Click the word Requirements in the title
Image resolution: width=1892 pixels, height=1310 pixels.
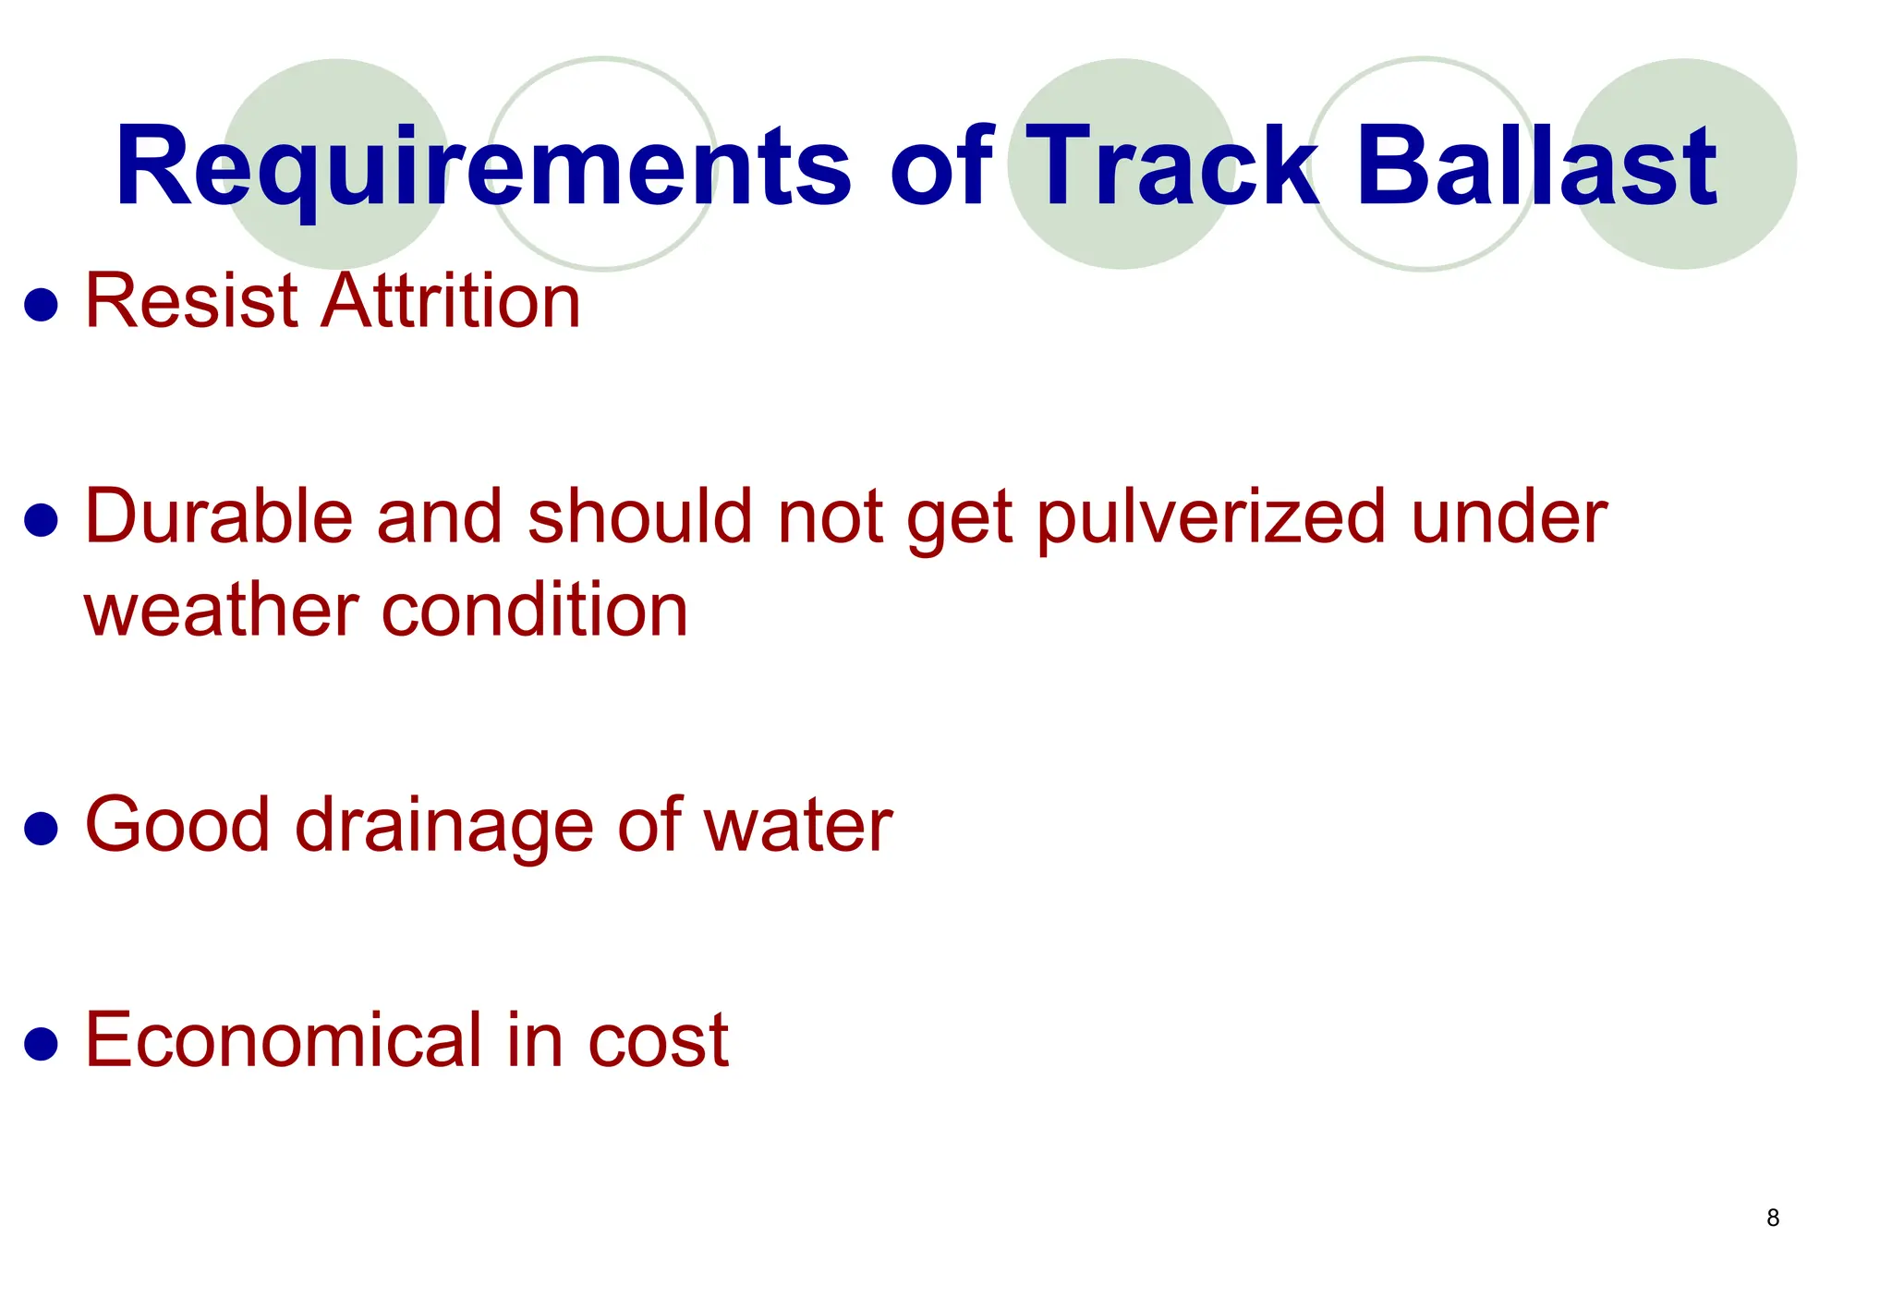tap(482, 167)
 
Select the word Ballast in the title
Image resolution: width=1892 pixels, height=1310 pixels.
tap(1535, 167)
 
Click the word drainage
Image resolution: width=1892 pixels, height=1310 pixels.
tap(443, 826)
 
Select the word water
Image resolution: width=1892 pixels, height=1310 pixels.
tap(798, 825)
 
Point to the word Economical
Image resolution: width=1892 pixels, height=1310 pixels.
tap(284, 1040)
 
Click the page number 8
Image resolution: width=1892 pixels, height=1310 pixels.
tap(1773, 1218)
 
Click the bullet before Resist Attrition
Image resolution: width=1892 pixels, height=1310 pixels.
tap(42, 305)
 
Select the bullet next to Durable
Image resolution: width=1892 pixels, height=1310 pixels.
tap(42, 520)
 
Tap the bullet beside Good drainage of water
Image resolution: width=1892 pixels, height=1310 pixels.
tap(42, 829)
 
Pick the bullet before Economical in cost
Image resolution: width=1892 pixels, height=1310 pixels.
tap(42, 1044)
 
